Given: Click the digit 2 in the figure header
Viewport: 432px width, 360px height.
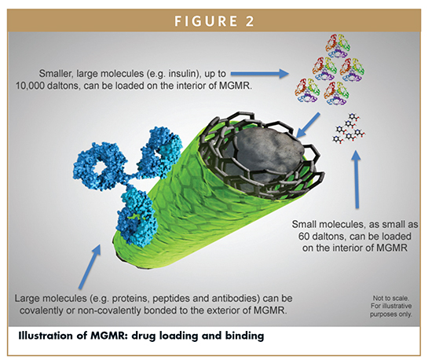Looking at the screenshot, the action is click(249, 21).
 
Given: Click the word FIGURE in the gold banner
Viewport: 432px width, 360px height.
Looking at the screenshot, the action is click(206, 21).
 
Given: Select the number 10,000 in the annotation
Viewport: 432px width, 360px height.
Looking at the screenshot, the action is click(30, 86).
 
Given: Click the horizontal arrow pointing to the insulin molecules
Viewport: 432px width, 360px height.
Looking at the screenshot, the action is click(259, 74).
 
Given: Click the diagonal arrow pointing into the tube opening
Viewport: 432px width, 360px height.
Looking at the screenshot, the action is click(308, 125).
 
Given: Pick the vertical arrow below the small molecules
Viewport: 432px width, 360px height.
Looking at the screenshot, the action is click(357, 179).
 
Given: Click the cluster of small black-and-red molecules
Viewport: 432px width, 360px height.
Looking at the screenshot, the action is click(349, 129).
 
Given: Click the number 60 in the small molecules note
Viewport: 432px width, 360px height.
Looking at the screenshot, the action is click(304, 237).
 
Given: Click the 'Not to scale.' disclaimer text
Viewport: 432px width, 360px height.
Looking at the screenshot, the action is click(391, 298).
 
